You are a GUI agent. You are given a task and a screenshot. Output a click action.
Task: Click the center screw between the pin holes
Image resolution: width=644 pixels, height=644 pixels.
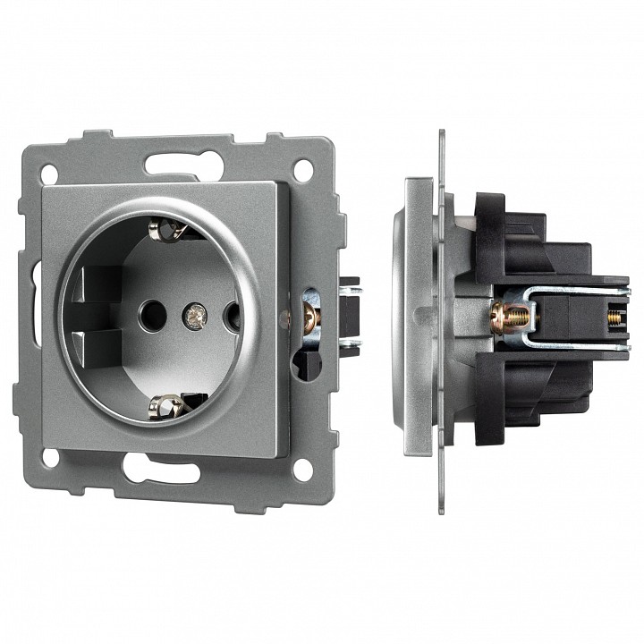[x=191, y=314]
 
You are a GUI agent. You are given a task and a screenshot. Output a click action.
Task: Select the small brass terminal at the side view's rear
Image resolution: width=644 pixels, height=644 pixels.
[x=615, y=314]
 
